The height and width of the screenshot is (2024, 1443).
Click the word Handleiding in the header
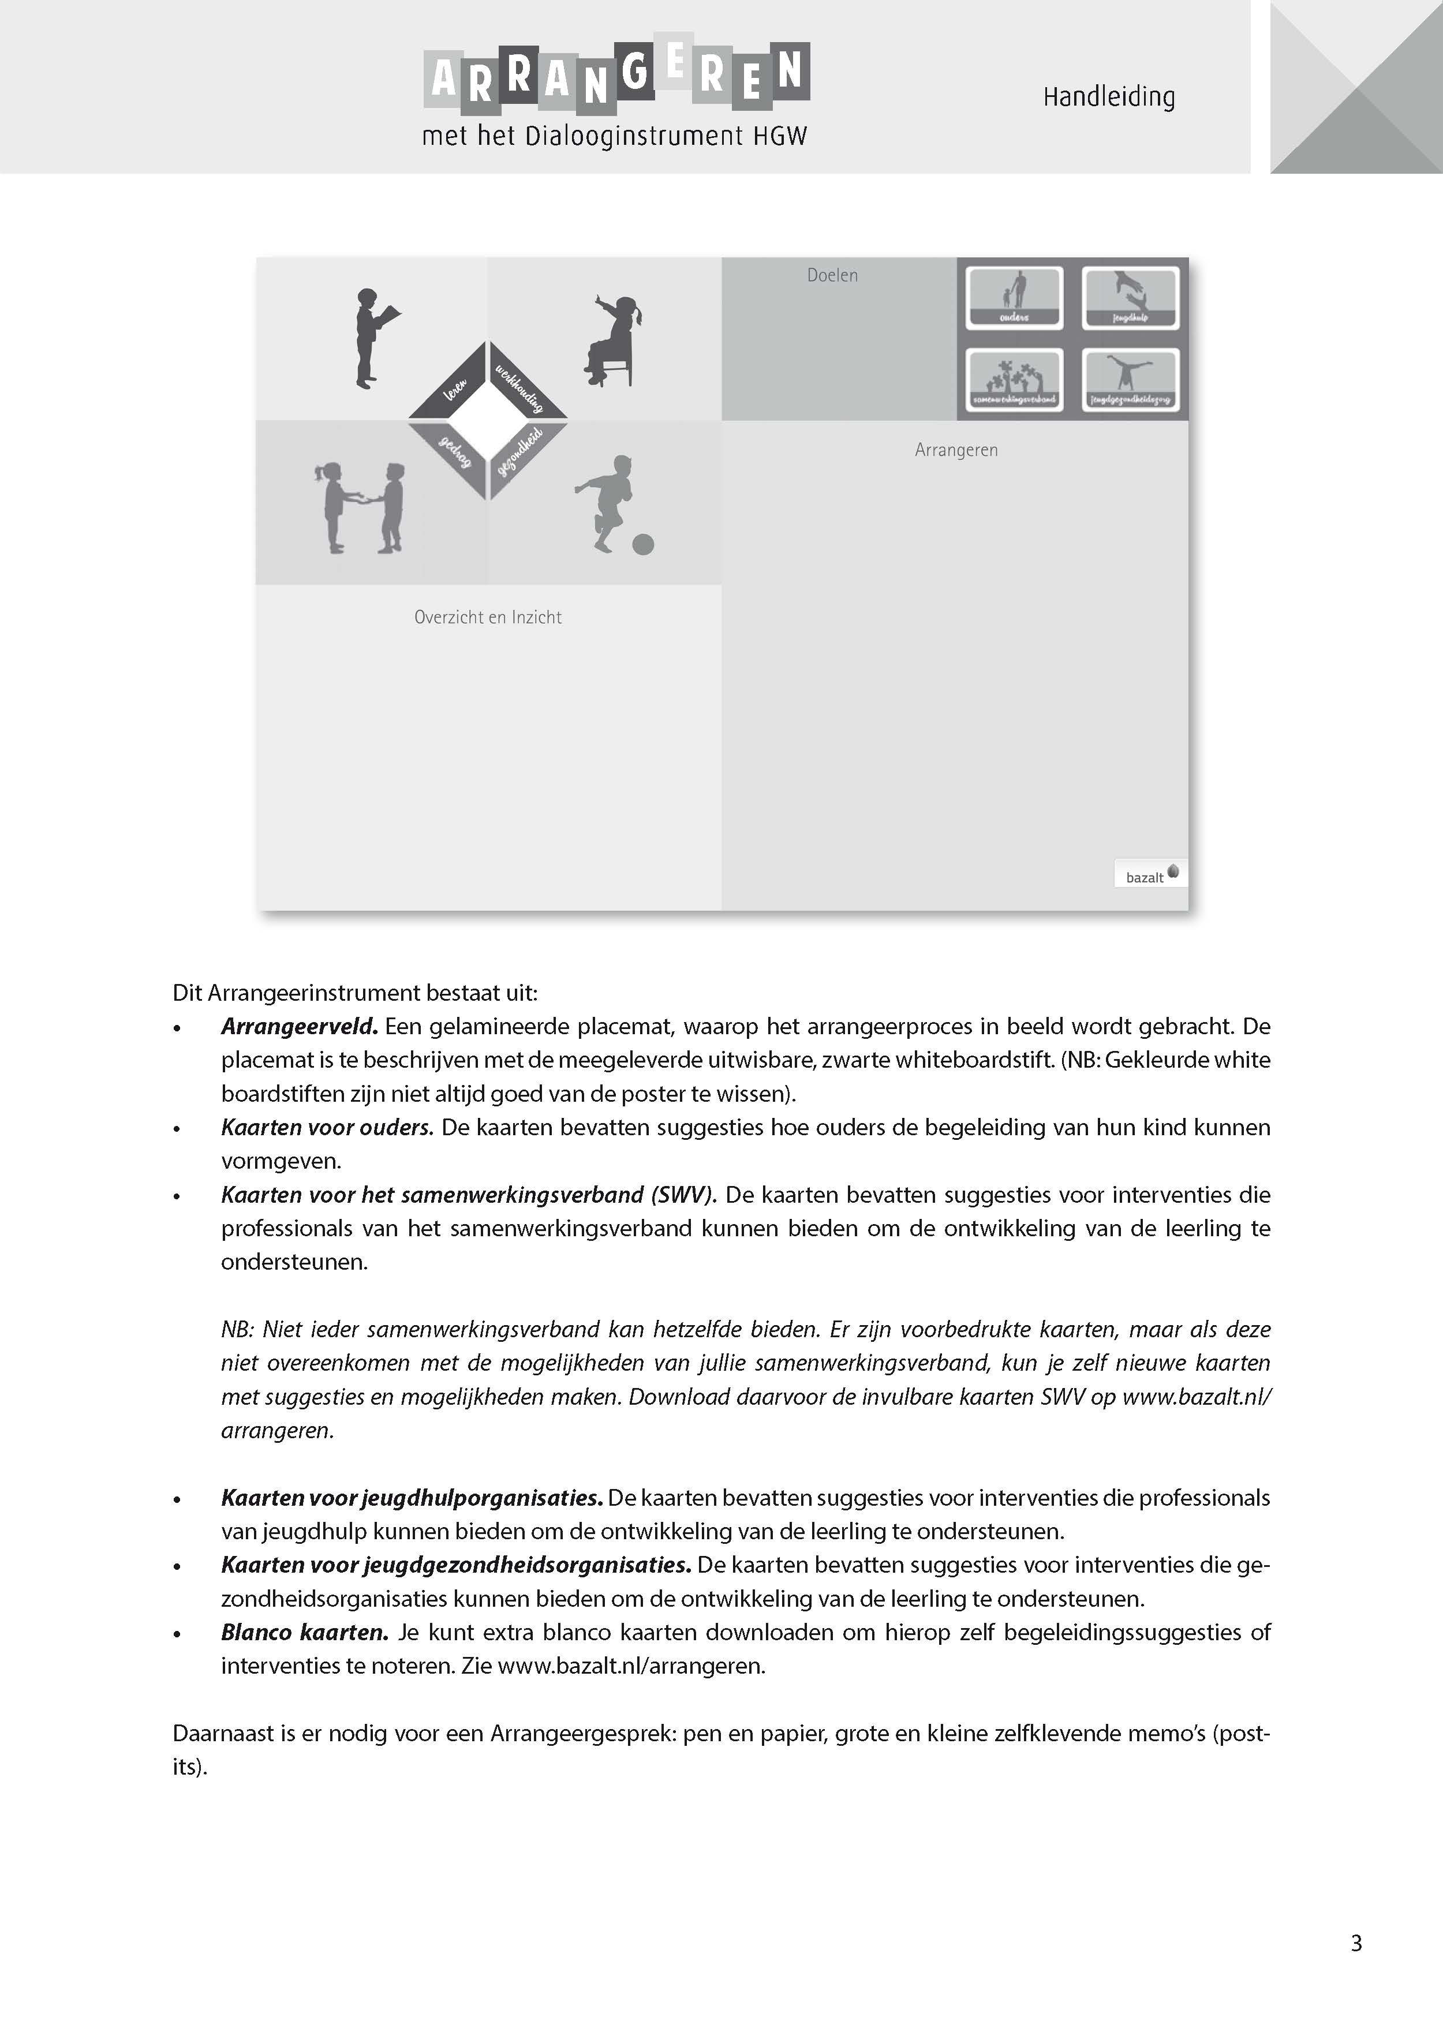(1108, 97)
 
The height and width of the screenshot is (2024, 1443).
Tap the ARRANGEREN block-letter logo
(616, 78)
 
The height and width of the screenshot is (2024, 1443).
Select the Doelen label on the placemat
(832, 275)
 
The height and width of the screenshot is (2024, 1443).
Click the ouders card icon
(1014, 298)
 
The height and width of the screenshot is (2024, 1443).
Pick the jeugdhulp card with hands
(1130, 298)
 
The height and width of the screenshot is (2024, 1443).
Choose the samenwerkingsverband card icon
(1014, 379)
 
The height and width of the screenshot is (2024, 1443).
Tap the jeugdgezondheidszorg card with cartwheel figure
(1130, 379)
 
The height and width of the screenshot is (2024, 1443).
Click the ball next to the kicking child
(644, 544)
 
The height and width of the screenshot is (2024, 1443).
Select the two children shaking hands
(360, 507)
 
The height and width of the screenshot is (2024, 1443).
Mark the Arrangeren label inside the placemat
(956, 451)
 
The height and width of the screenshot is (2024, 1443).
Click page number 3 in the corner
(1356, 1943)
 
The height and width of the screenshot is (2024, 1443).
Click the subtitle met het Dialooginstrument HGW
(614, 137)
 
